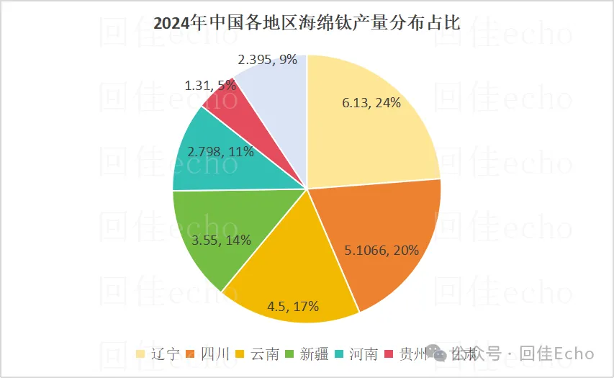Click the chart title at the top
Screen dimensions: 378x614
pos(307,22)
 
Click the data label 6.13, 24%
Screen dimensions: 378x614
pos(371,103)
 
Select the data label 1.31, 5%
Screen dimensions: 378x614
pos(209,86)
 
